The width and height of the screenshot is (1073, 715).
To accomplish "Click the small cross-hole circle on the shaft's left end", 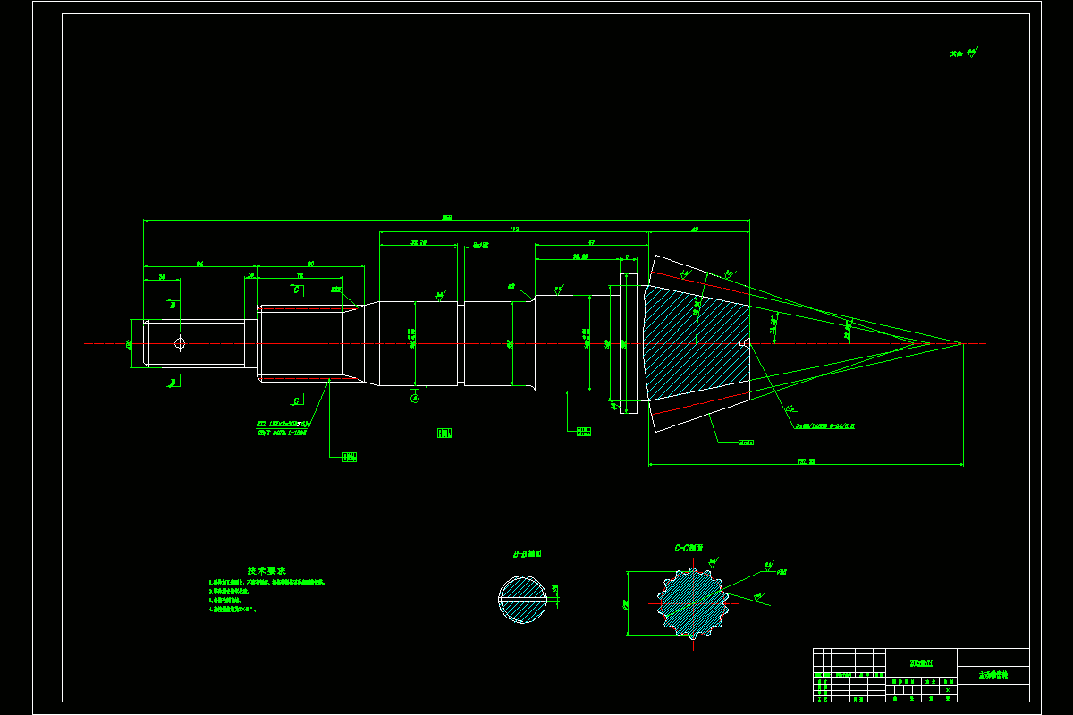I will point(180,343).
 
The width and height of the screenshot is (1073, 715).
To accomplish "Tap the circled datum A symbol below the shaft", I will point(415,399).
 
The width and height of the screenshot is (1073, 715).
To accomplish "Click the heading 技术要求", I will point(266,570).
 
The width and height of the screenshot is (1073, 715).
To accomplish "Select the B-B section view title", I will point(527,554).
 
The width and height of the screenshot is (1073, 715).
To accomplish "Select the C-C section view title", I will point(689,548).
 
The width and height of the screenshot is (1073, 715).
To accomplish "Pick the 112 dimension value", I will point(513,230).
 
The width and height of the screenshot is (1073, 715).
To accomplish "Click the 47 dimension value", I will point(592,242).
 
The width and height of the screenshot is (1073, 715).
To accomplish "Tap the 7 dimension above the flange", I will point(627,257).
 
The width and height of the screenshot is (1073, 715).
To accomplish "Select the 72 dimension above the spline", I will point(300,276).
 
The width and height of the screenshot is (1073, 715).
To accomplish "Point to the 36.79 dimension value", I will point(418,242).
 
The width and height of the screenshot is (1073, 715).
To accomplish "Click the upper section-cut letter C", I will point(296,290).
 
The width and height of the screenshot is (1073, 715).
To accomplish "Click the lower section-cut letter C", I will point(296,401).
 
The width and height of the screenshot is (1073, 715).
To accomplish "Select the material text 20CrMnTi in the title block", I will point(921,662).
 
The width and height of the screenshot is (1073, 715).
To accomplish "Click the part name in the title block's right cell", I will point(993,676).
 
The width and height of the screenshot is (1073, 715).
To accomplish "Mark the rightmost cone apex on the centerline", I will point(962,343).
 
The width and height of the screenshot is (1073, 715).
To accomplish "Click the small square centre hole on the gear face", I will point(741,342).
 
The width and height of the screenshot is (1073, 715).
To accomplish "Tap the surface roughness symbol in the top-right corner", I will point(966,53).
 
